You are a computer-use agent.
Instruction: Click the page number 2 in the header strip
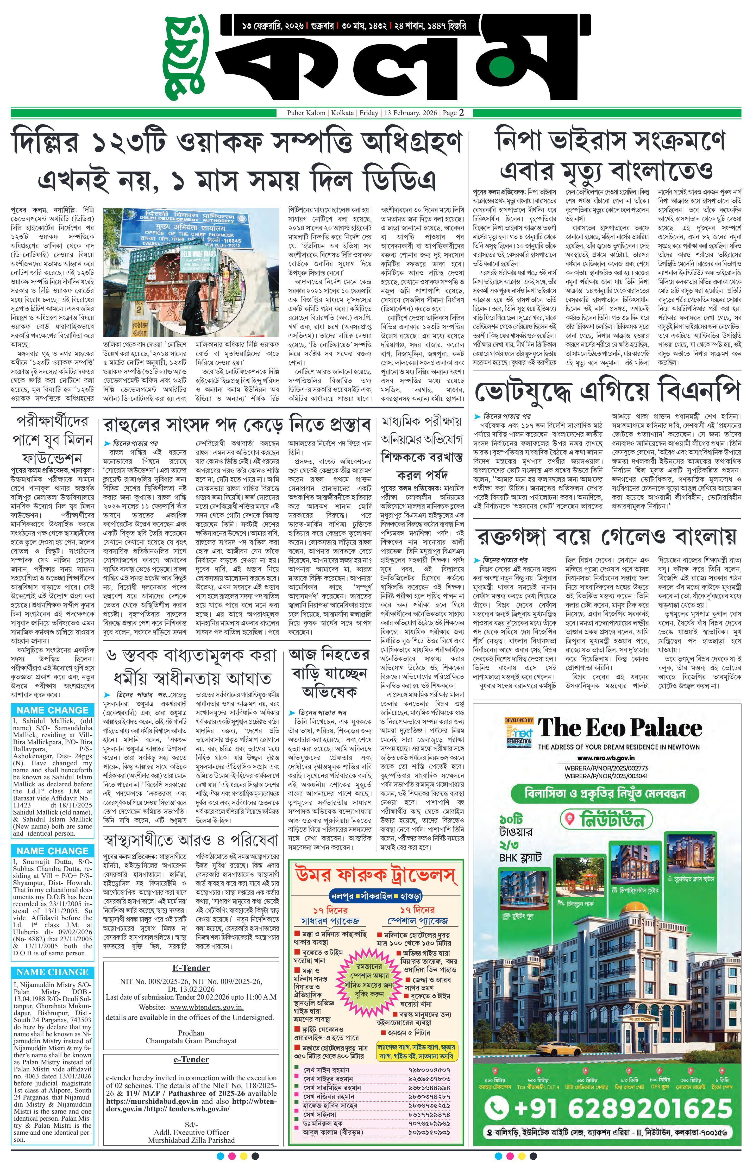click(x=461, y=113)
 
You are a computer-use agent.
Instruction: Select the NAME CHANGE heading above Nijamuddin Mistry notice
click(x=52, y=972)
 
